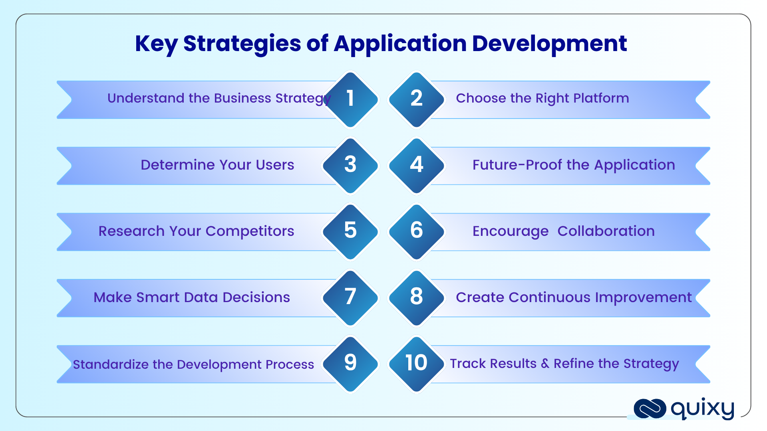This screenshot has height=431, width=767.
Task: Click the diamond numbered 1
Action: click(x=350, y=99)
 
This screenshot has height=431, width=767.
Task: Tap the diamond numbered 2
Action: click(x=417, y=99)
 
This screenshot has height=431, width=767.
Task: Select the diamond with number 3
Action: click(x=350, y=166)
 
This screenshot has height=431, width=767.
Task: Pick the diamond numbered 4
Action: click(x=417, y=166)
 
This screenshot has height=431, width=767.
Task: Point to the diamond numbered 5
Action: click(x=350, y=232)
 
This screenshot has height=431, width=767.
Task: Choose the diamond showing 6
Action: click(x=417, y=232)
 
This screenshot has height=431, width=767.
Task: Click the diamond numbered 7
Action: click(x=350, y=298)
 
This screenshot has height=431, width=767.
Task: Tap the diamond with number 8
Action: click(x=417, y=298)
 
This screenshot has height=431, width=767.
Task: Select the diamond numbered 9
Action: click(x=350, y=364)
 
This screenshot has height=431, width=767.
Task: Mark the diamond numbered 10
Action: click(x=417, y=364)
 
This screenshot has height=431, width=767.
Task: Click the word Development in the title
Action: click(x=550, y=44)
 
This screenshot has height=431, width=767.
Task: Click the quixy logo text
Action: click(x=703, y=409)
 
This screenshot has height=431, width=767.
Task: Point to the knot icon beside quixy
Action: click(x=650, y=409)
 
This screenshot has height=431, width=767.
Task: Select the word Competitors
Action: click(x=250, y=231)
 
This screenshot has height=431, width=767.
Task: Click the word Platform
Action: click(x=601, y=98)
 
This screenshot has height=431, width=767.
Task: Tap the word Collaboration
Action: click(x=606, y=231)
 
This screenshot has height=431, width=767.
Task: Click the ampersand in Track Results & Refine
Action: click(x=545, y=364)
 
